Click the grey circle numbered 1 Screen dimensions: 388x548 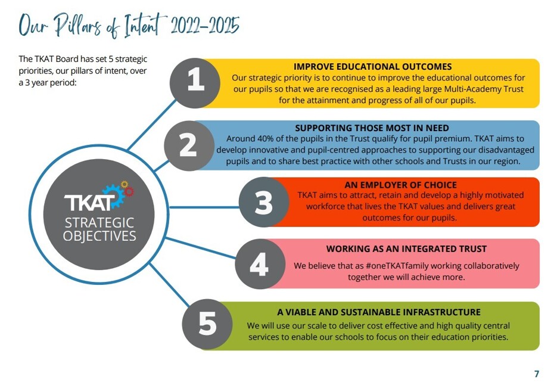[195, 82]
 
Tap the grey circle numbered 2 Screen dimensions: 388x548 [189, 145]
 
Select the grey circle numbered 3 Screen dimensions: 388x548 [263, 202]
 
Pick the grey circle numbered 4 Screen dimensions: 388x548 [259, 263]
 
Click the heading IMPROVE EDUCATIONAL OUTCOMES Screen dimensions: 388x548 [372, 67]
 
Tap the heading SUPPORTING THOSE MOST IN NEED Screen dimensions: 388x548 [372, 128]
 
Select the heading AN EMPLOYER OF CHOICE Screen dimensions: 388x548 [400, 185]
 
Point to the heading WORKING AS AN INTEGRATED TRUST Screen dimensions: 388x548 [406, 249]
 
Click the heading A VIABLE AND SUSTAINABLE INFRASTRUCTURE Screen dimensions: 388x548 [379, 312]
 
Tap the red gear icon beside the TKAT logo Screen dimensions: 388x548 [129, 191]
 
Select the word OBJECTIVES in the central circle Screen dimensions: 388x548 [99, 236]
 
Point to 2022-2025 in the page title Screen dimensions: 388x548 [205, 26]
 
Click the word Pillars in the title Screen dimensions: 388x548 [83, 26]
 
